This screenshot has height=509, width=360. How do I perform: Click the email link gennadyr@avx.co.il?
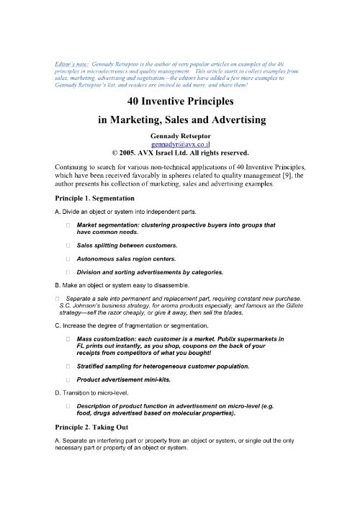pos(179,143)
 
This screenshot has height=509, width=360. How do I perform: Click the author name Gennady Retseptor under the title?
pos(179,135)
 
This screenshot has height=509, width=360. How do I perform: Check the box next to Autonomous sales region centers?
pos(67,258)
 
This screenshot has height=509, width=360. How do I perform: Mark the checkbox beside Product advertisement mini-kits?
pos(67,379)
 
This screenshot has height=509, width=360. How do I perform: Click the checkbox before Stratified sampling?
pos(67,366)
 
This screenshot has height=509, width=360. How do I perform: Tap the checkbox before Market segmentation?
pos(67,225)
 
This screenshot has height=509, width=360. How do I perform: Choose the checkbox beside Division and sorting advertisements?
pos(67,272)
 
